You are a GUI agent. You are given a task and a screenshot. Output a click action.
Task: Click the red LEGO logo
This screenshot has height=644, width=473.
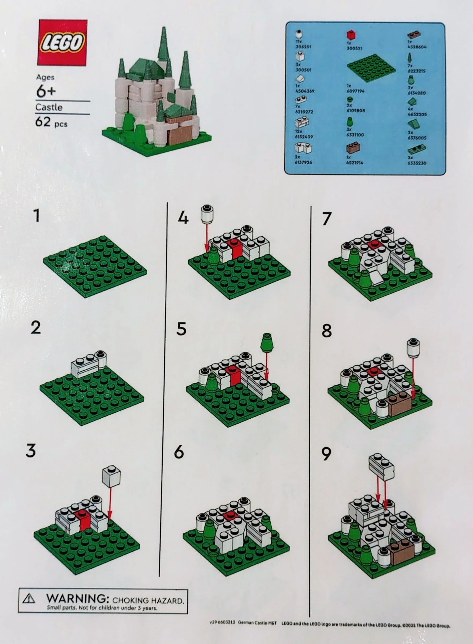[x=62, y=43]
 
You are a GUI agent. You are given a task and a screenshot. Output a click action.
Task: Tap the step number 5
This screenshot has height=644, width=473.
[x=181, y=329]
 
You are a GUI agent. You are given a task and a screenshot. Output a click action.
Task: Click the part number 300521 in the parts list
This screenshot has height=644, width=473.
[x=355, y=48]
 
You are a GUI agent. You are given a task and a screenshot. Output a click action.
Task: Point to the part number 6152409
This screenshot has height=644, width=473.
[x=304, y=137]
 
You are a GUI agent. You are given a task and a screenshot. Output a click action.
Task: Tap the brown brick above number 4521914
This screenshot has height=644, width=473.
[x=353, y=148]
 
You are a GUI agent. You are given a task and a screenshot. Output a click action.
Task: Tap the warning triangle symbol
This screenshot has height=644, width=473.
[x=29, y=599]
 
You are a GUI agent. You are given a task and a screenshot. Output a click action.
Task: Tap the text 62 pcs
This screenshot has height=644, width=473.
[x=51, y=123]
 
